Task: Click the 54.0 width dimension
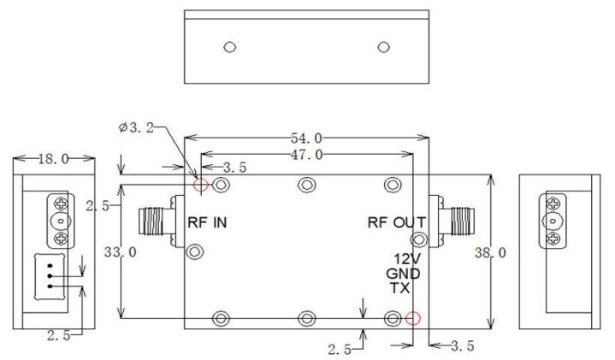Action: click(306, 138)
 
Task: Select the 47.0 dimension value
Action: click(307, 155)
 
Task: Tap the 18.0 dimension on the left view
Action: click(53, 159)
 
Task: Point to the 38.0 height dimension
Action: click(490, 253)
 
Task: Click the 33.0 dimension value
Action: click(121, 251)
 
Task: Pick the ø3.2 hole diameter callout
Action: click(136, 127)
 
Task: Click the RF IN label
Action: click(207, 222)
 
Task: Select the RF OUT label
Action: click(397, 222)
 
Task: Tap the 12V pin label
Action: click(407, 259)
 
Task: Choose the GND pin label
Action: click(403, 274)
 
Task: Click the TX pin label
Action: click(400, 288)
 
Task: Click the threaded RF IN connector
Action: click(157, 222)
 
